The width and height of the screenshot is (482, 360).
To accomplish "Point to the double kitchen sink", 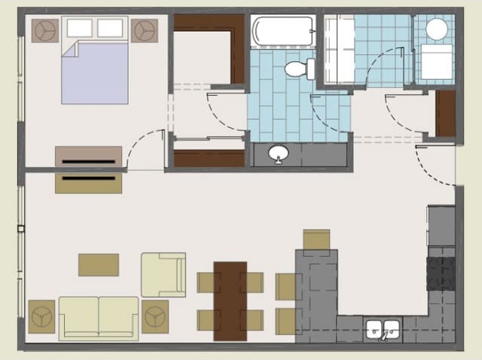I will pyautogui.click(x=383, y=330).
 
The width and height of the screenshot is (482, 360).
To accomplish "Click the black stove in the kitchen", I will pyautogui.click(x=441, y=273).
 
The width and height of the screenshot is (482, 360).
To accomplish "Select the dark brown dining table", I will pyautogui.click(x=230, y=301).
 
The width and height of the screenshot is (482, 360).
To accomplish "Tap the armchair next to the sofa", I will pyautogui.click(x=163, y=274).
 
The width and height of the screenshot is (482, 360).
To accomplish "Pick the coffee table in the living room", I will pyautogui.click(x=99, y=264).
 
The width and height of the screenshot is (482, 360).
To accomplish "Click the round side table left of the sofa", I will pyautogui.click(x=41, y=316).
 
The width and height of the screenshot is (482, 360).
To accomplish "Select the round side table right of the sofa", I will pyautogui.click(x=155, y=316).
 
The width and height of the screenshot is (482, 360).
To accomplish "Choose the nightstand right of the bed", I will pyautogui.click(x=144, y=30).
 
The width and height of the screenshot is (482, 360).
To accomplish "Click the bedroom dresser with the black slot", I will pyautogui.click(x=88, y=157).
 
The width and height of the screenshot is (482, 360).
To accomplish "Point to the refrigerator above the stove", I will pyautogui.click(x=441, y=226).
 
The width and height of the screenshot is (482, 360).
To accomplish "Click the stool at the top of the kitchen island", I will pyautogui.click(x=316, y=239).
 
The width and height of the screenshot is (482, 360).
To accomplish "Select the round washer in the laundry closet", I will pyautogui.click(x=436, y=29).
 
